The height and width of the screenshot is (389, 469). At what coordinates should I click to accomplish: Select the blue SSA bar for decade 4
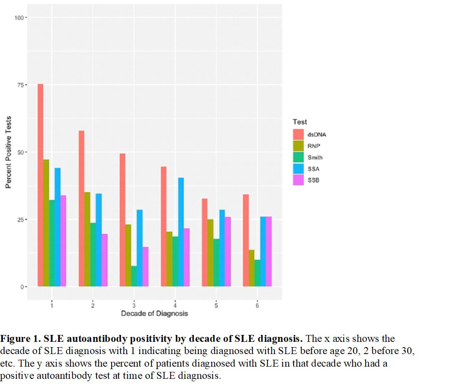181,232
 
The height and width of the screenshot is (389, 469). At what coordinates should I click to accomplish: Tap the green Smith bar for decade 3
134,276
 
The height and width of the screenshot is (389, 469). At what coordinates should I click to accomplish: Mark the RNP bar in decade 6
251,268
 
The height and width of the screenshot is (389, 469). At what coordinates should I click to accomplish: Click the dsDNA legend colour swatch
298,135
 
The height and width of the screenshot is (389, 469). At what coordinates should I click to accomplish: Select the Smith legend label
315,158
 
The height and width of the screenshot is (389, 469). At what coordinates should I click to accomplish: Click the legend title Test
300,122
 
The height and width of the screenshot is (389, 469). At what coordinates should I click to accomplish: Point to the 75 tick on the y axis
20,85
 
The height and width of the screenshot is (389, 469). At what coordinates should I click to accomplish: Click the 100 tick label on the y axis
19,17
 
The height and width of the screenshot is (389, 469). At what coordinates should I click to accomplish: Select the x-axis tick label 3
134,305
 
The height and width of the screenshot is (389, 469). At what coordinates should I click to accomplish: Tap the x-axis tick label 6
257,305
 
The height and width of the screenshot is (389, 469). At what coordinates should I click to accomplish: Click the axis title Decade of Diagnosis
154,313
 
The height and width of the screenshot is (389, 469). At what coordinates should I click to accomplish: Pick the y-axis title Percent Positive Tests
8,152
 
